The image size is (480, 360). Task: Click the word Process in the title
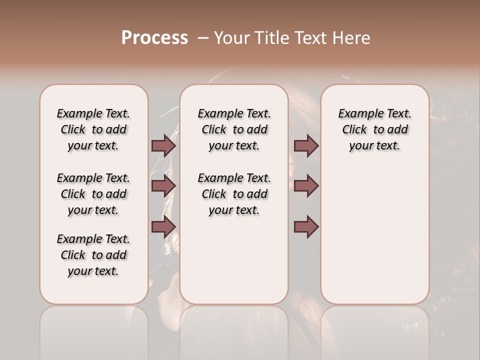(x=154, y=38)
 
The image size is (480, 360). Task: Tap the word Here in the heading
(x=352, y=38)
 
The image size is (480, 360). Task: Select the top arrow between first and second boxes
(x=163, y=145)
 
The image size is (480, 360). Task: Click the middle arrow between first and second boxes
(x=163, y=186)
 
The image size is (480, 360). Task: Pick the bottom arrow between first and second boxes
(x=163, y=227)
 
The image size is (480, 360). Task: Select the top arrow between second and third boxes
(x=306, y=145)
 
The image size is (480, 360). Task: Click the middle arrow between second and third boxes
(x=306, y=186)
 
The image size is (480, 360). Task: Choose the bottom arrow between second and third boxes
(x=306, y=227)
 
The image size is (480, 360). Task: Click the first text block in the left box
(x=93, y=129)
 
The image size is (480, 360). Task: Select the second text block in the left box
(x=93, y=194)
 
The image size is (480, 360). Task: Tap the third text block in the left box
(x=93, y=255)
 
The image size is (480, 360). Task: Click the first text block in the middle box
(x=234, y=129)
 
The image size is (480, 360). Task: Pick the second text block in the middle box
(x=234, y=194)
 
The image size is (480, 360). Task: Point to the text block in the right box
(x=375, y=129)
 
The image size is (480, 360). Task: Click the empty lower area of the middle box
(x=234, y=260)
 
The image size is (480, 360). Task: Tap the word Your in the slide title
(x=231, y=38)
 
